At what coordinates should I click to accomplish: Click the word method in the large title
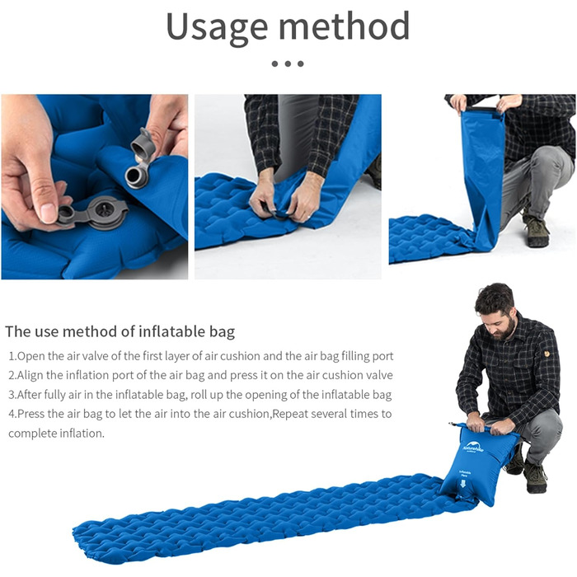(344, 26)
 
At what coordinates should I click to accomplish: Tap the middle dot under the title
(288, 63)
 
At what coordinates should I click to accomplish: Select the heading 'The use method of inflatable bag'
(120, 331)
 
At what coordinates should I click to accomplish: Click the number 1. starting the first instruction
(13, 356)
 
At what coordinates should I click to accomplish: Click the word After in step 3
(30, 395)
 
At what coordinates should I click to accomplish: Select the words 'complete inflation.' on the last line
(56, 434)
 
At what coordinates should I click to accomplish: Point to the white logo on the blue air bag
(472, 447)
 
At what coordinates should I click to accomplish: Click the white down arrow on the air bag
(463, 483)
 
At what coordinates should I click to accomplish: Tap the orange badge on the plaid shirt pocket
(547, 354)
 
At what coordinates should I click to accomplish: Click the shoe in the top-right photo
(536, 230)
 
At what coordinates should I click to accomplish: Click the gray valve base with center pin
(105, 212)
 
